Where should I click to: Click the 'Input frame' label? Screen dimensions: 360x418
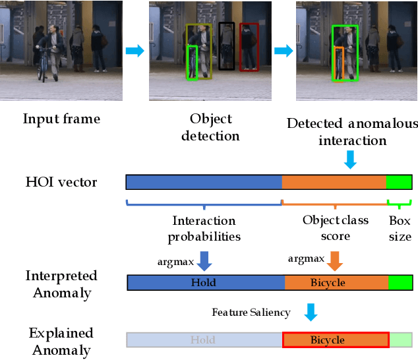click(x=61, y=119)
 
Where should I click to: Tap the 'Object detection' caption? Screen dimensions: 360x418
click(x=211, y=127)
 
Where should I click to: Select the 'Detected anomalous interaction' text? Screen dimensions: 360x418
click(x=352, y=132)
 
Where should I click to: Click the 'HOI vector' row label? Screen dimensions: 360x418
click(x=61, y=182)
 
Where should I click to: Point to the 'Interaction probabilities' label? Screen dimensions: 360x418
click(x=204, y=228)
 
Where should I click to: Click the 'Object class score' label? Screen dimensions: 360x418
click(x=335, y=228)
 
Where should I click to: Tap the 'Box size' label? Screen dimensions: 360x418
click(x=400, y=228)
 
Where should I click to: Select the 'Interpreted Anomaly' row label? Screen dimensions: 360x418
click(x=61, y=284)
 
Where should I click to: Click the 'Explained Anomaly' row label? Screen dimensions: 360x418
click(x=61, y=340)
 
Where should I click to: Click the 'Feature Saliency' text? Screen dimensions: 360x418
click(x=251, y=312)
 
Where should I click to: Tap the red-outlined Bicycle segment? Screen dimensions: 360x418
click(x=336, y=340)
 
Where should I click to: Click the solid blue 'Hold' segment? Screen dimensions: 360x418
click(x=205, y=283)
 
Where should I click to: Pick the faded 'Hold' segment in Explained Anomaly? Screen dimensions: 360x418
click(x=204, y=340)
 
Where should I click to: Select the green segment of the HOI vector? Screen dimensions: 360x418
click(x=399, y=182)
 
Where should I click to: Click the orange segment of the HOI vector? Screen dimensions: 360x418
click(x=334, y=182)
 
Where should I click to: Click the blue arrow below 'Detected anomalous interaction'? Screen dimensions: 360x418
click(x=350, y=159)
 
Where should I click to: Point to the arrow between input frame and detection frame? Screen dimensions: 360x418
click(x=134, y=51)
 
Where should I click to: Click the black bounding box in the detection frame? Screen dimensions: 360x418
click(x=226, y=45)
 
